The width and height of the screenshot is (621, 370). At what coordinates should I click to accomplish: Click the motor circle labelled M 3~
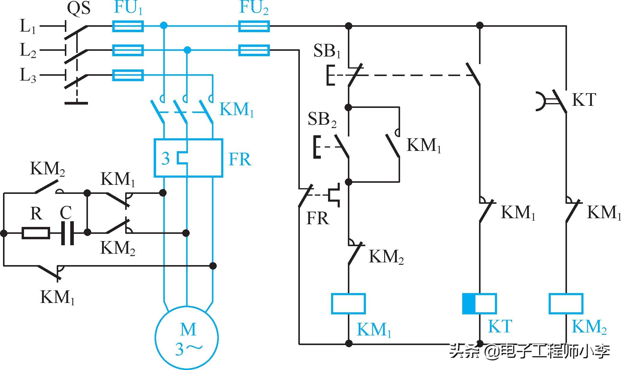pyautogui.click(x=187, y=338)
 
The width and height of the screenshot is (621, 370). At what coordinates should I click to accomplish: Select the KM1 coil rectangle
pyautogui.click(x=348, y=304)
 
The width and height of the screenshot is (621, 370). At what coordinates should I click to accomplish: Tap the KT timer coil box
pyautogui.click(x=479, y=304)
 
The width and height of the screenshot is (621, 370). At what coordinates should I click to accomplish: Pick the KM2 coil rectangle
pyautogui.click(x=566, y=304)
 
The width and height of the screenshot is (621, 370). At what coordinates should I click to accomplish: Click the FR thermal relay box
pyautogui.click(x=188, y=158)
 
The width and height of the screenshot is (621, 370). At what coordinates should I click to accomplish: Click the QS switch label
pyautogui.click(x=79, y=8)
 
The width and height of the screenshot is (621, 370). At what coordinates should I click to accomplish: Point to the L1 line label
pyautogui.click(x=28, y=26)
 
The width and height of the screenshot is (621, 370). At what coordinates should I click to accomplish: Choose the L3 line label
pyautogui.click(x=28, y=75)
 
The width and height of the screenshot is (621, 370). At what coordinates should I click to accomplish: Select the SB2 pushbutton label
pyautogui.click(x=322, y=119)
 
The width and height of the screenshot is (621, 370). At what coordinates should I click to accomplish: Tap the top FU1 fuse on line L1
pyautogui.click(x=128, y=26)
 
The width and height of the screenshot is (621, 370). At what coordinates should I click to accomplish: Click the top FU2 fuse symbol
pyautogui.click(x=254, y=26)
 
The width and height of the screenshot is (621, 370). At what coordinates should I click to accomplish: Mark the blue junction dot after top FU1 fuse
pyautogui.click(x=164, y=25)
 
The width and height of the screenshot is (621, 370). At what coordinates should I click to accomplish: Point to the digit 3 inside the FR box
pyautogui.click(x=166, y=158)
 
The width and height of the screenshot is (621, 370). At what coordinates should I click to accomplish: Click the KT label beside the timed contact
pyautogui.click(x=584, y=100)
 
